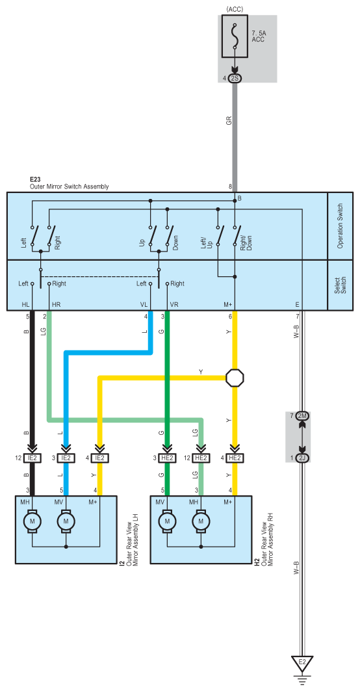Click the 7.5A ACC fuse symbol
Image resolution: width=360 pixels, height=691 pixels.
coord(235,36)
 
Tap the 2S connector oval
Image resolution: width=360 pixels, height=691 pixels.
coord(235,79)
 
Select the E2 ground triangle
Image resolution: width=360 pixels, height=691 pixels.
coord(302,663)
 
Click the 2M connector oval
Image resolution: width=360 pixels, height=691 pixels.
coord(302,416)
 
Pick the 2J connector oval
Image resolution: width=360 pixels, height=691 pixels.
coord(302,458)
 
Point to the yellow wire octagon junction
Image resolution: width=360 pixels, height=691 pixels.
coord(235,378)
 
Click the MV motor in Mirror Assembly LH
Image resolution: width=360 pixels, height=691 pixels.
coord(66,521)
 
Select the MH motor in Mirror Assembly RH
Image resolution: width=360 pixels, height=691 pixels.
coord(202,521)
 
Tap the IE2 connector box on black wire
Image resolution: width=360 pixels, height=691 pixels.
coord(32,458)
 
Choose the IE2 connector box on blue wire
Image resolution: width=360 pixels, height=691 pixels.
coord(66,458)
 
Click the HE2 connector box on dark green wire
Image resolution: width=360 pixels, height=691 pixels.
coord(168,458)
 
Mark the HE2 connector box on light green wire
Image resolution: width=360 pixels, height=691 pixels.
coord(201,458)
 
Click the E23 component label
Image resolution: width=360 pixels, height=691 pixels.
coord(35,180)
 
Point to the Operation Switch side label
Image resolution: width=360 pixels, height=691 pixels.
coord(340,226)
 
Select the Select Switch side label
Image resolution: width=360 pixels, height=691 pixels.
coord(340,285)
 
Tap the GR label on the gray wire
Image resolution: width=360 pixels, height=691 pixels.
coord(229,120)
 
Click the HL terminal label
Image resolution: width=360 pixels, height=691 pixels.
coord(25,304)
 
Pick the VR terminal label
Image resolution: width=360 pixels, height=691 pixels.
coord(174,304)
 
